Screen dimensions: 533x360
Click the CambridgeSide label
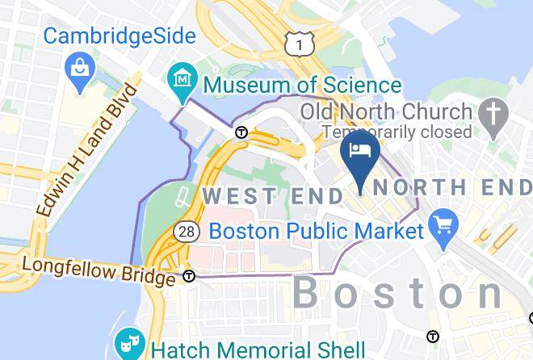pos(120,36)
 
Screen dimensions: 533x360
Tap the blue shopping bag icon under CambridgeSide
pos(80,67)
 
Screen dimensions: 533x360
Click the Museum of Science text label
pos(303,85)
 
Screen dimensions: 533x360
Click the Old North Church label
pos(385,111)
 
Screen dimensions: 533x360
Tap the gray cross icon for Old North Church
pos(492,114)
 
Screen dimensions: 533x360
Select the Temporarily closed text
pos(396,132)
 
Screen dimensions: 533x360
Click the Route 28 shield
pos(185,232)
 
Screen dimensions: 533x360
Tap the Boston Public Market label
pos(316,231)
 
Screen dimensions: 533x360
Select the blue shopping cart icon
pos(443,224)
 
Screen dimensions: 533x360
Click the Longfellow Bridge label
pos(99,271)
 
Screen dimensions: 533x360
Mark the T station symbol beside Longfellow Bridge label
pos(189,276)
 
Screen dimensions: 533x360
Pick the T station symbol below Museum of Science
pos(240,132)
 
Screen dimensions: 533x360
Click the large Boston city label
pos(398,294)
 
